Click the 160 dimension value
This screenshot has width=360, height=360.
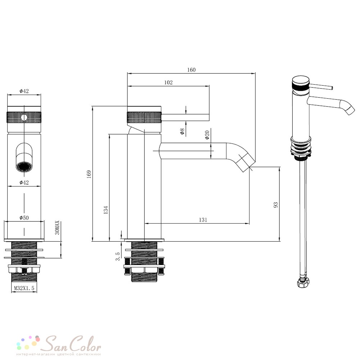tap(191, 70)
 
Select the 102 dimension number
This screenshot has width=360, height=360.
tap(168, 82)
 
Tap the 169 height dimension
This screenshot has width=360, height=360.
tap(89, 174)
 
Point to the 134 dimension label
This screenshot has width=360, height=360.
tap(106, 210)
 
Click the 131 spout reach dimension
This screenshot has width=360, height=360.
tap(203, 220)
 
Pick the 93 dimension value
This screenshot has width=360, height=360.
tap(276, 205)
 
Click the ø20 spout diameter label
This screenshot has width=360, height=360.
tap(207, 135)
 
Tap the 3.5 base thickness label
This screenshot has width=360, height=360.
tap(118, 256)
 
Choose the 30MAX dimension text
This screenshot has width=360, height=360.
tap(57, 228)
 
